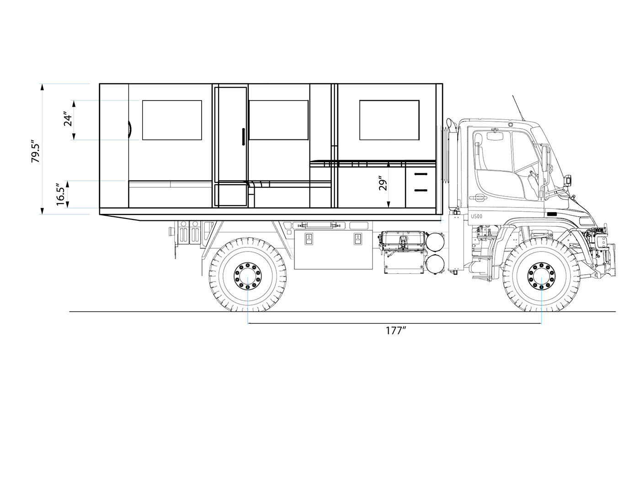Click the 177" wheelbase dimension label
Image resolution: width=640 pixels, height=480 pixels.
[x=396, y=331]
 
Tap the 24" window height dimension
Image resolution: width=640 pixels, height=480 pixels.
[x=68, y=119]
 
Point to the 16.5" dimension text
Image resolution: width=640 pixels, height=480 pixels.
[x=60, y=194]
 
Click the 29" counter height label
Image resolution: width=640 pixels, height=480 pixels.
[x=383, y=183]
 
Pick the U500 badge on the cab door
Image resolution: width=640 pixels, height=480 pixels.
[x=477, y=216]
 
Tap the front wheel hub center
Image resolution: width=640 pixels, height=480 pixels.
[x=541, y=276]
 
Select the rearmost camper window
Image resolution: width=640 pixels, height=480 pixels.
[x=172, y=120]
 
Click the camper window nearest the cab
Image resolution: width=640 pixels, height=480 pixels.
[x=389, y=120]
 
